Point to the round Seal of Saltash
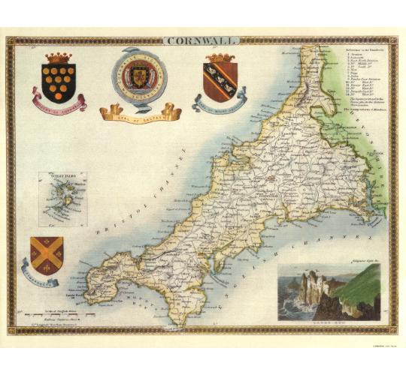point(139,75)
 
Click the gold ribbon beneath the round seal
point(140,112)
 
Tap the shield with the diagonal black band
point(220,81)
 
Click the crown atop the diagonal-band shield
point(220,58)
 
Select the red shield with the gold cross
point(46,253)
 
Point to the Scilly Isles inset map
point(62,199)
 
